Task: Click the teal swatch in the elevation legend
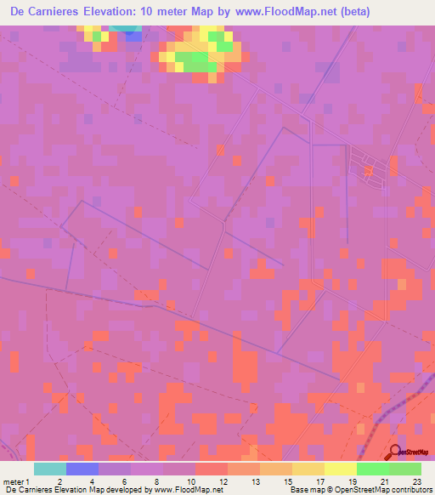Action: [x=49, y=469]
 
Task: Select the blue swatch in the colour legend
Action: [x=82, y=469]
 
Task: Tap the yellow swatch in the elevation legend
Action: [x=341, y=469]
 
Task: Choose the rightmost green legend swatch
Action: [x=405, y=469]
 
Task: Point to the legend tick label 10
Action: [x=191, y=481]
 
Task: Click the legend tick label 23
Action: [x=417, y=481]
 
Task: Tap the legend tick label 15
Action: [x=287, y=481]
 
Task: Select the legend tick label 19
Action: [x=352, y=481]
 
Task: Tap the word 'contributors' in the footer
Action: [x=409, y=491]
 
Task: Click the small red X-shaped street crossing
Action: [x=369, y=172]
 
